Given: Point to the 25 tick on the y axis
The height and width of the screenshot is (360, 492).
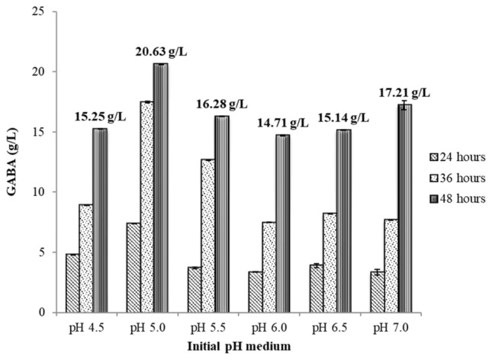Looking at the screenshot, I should (39, 11).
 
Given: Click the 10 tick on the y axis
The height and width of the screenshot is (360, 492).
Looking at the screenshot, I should (39, 192).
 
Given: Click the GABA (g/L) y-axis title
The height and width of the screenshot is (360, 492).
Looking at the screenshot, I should (10, 162).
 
